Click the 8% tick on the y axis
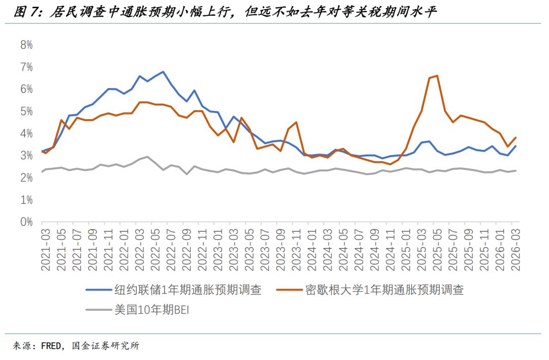pos(26,45)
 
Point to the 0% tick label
pos(26,222)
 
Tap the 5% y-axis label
pos(26,111)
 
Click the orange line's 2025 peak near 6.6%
pos(437,76)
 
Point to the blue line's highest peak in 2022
pos(162,72)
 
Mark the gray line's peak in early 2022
pos(147,157)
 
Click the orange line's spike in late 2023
pos(296,123)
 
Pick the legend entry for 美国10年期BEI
pos(144,310)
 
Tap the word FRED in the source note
pos(51,346)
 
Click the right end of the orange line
pos(516,137)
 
